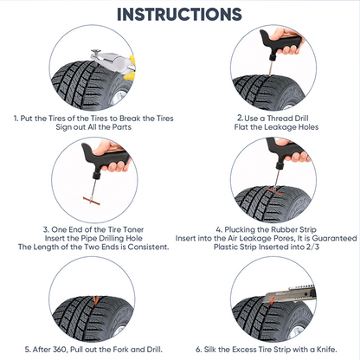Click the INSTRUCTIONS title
pos(179,14)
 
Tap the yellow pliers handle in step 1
pos(131,67)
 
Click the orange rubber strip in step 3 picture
pos(91,201)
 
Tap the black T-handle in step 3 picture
pos(105,158)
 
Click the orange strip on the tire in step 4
pos(275,191)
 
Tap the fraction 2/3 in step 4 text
pos(313,247)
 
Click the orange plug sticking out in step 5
pos(96,301)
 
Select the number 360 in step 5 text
pos(60,350)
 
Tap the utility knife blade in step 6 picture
pos(273,297)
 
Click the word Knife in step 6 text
pos(327,350)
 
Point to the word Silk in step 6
pos(210,350)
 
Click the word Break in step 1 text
pos(130,119)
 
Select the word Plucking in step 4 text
pos(239,230)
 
